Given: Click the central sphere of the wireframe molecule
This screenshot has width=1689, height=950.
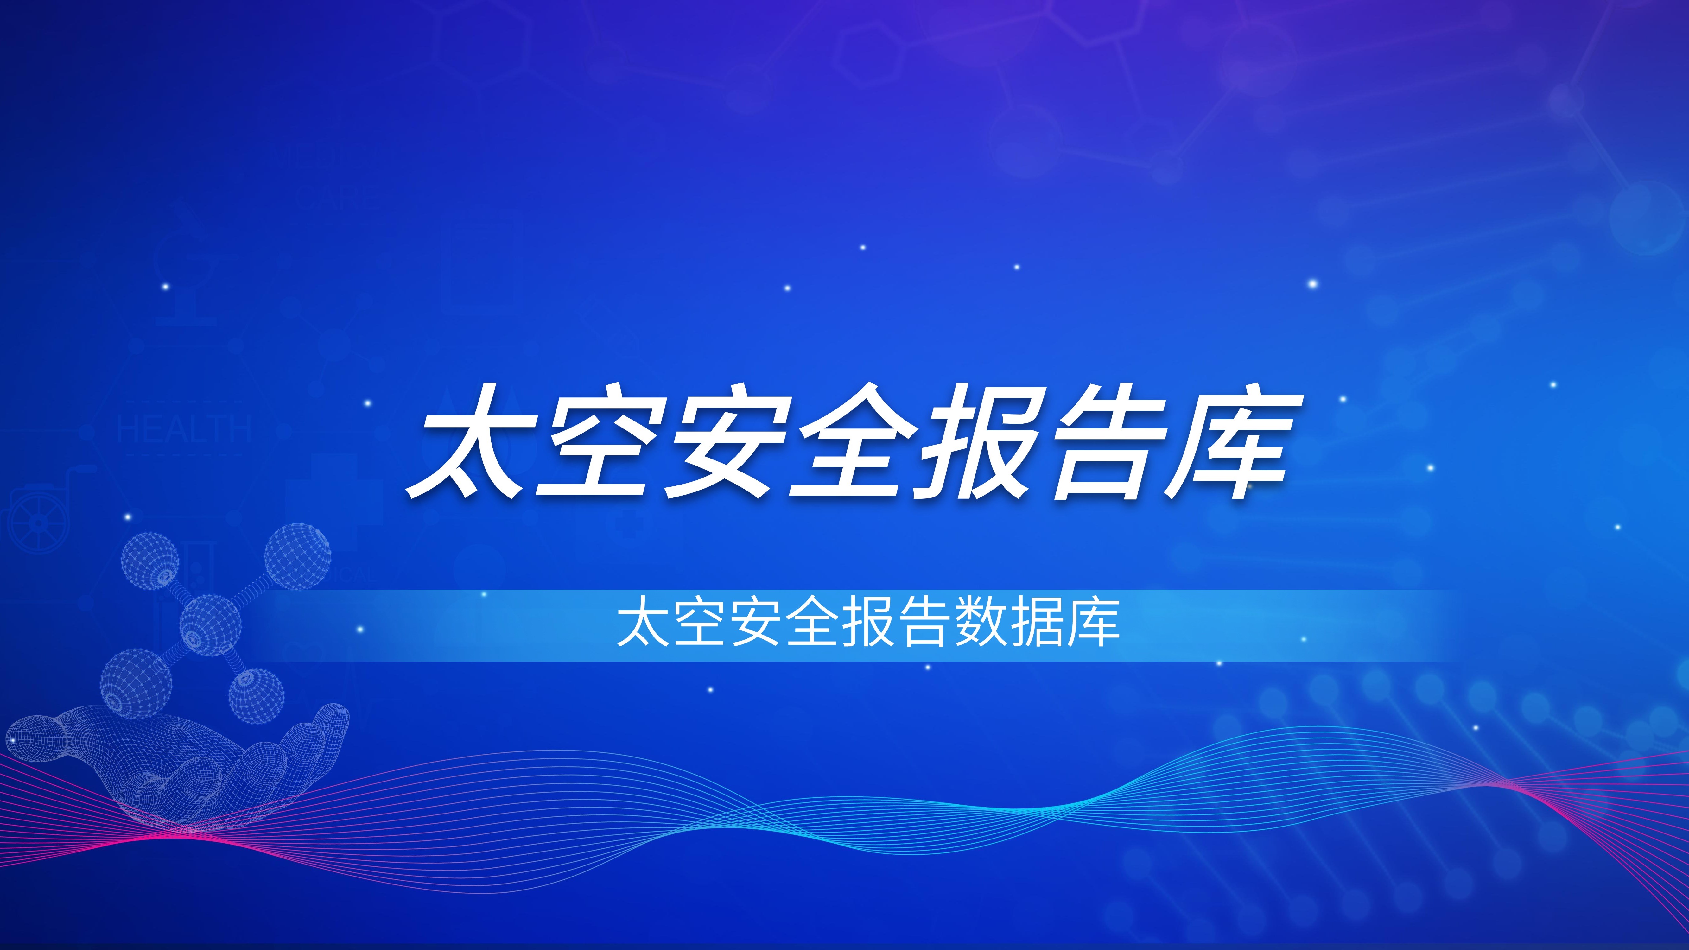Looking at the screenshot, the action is point(210,625).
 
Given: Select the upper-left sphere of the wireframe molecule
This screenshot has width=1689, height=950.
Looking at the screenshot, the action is point(150,560).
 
